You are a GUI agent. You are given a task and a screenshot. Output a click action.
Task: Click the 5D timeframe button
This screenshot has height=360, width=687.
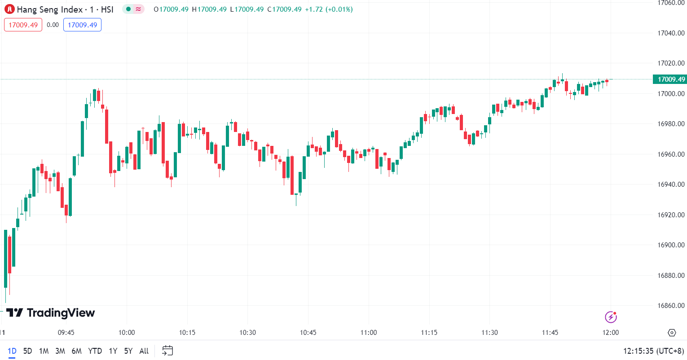[27, 351]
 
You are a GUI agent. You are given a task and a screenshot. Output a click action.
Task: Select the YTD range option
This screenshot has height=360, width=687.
[95, 351]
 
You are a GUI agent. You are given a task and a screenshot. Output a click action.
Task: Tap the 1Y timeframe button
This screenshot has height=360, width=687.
[113, 351]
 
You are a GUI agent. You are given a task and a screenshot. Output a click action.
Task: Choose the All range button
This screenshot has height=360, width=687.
[144, 351]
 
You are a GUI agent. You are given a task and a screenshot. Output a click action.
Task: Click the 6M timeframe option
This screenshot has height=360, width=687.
[77, 351]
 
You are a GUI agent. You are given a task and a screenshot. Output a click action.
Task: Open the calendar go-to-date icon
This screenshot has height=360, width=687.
[167, 351]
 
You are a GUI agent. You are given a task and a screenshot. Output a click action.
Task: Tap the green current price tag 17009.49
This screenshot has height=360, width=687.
[671, 79]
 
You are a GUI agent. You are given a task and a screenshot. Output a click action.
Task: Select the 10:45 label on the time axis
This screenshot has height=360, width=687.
[308, 333]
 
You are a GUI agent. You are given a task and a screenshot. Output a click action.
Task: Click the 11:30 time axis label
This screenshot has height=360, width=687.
[489, 333]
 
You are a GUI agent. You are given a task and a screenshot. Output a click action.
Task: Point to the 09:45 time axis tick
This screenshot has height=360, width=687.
[66, 333]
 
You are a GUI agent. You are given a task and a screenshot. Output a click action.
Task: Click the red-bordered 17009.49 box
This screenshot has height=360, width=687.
[23, 25]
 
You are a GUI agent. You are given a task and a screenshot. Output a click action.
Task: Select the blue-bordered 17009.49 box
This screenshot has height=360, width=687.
[82, 25]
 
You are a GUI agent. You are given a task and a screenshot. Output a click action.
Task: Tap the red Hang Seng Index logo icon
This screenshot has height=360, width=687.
[9, 9]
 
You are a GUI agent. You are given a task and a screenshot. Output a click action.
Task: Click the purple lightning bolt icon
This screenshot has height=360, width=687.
[611, 317]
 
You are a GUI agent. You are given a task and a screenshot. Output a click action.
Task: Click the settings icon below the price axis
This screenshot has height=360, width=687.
[672, 333]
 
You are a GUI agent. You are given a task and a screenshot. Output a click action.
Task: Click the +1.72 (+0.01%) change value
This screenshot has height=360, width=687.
[329, 9]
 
